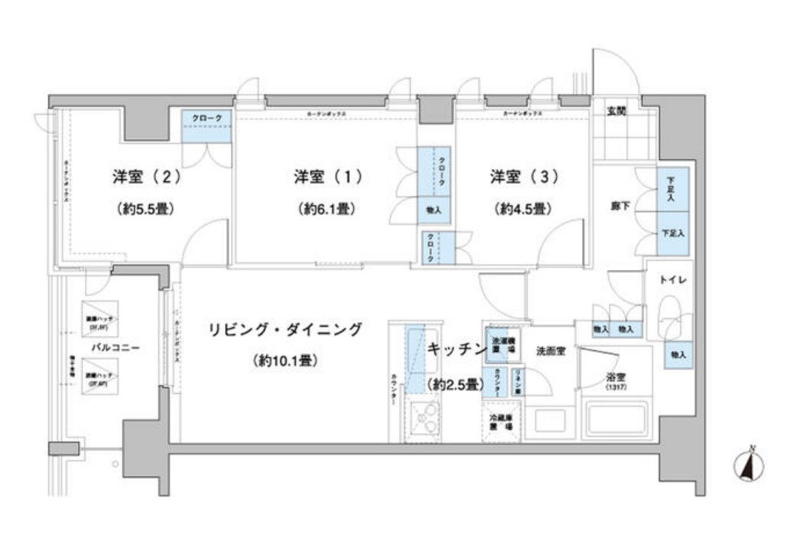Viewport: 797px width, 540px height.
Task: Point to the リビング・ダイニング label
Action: (x=285, y=330)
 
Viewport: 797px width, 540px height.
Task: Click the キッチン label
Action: (x=457, y=349)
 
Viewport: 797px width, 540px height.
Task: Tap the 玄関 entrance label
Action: (x=616, y=111)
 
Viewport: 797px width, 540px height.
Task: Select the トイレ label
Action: (x=672, y=280)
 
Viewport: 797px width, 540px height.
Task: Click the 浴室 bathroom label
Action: (x=616, y=377)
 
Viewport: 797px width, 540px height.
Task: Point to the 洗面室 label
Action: (x=550, y=352)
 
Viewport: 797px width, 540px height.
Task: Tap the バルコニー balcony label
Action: (x=115, y=347)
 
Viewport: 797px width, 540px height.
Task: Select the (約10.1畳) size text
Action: (x=285, y=361)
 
